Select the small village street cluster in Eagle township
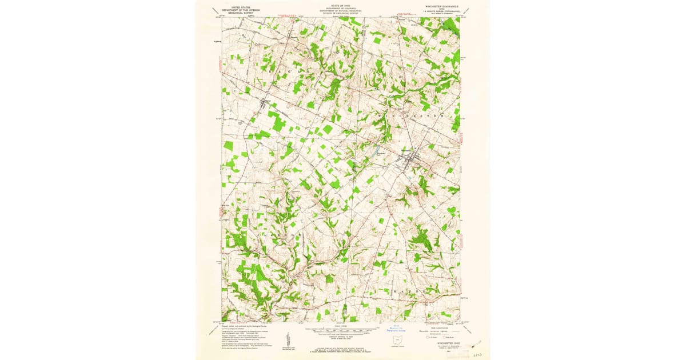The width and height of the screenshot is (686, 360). coord(265,103)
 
